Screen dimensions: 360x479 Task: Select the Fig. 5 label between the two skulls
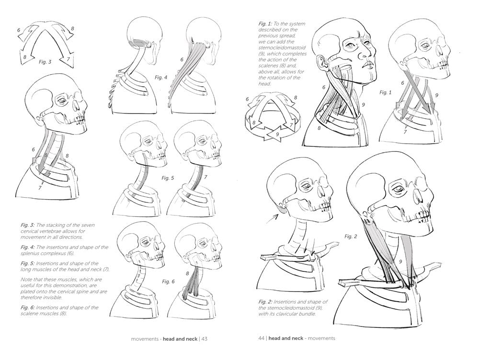[x=168, y=178]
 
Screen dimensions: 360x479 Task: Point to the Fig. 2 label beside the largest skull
[x=351, y=236]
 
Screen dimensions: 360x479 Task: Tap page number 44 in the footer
[x=261, y=338]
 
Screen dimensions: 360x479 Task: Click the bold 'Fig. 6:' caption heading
[x=28, y=307]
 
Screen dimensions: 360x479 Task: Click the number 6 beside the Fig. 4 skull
[x=182, y=59]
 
